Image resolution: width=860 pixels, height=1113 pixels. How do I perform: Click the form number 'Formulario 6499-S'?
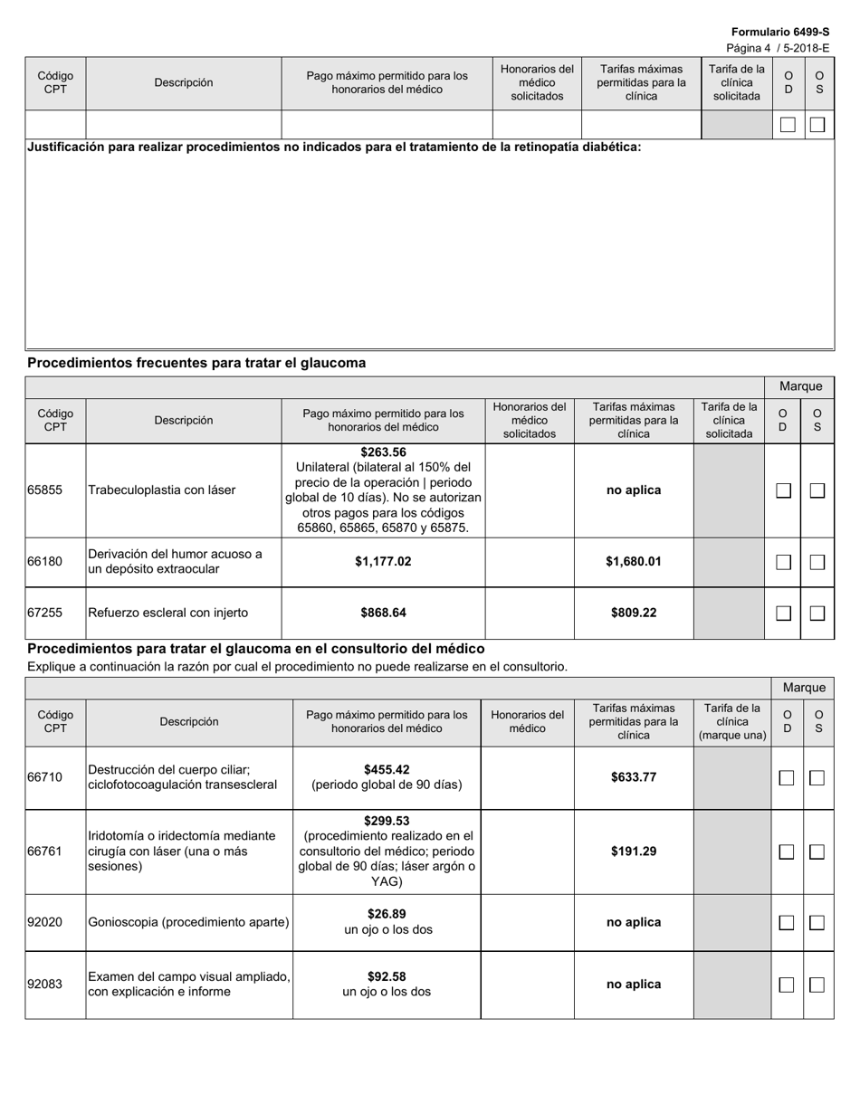tap(780, 32)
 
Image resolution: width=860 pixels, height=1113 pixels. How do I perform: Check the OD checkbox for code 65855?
tap(784, 490)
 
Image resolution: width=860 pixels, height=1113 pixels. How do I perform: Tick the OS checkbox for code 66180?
tap(817, 562)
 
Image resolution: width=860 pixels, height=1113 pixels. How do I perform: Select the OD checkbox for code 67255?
tap(784, 614)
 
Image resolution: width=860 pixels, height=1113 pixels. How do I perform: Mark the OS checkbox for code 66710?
tap(817, 778)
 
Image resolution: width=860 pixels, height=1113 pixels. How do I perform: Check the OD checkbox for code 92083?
tap(787, 985)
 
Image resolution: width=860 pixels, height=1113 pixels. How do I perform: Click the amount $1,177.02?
tap(383, 562)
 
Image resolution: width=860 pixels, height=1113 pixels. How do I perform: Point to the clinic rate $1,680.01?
tap(634, 562)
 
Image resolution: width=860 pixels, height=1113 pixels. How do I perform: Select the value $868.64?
tap(383, 613)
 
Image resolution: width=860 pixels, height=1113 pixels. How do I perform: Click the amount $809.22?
tap(634, 613)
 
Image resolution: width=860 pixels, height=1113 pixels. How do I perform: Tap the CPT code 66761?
tap(45, 851)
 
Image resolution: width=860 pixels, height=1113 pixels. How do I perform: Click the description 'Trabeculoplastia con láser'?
tap(162, 490)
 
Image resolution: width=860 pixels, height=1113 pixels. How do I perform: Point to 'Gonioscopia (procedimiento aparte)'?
tap(188, 922)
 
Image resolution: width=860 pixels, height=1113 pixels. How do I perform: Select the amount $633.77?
tap(634, 777)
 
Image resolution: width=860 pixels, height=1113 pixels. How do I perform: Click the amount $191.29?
tap(634, 851)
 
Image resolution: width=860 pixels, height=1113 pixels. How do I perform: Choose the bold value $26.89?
tap(387, 914)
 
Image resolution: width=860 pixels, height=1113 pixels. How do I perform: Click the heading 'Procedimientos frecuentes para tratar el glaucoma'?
tap(196, 363)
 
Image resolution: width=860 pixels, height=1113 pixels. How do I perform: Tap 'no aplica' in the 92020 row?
tap(634, 922)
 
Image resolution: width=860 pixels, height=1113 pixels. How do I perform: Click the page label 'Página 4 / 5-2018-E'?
tap(778, 48)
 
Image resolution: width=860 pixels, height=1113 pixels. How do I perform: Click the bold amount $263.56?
tap(383, 452)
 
